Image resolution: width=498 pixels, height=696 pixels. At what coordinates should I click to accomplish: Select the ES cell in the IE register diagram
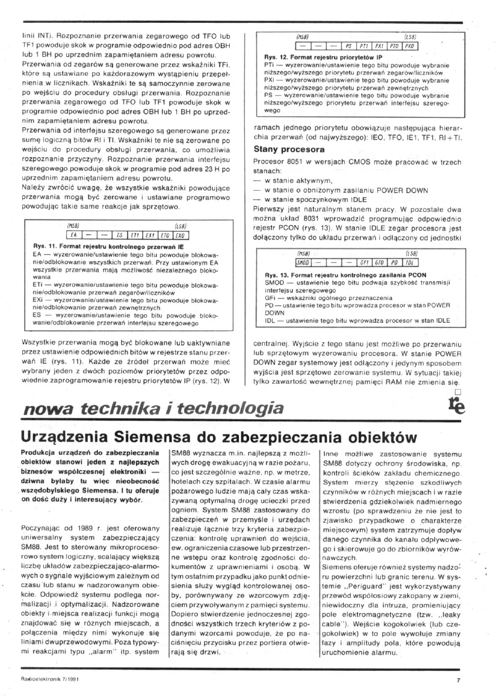[120, 233]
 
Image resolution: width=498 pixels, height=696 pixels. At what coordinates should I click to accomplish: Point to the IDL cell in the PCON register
[410, 262]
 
